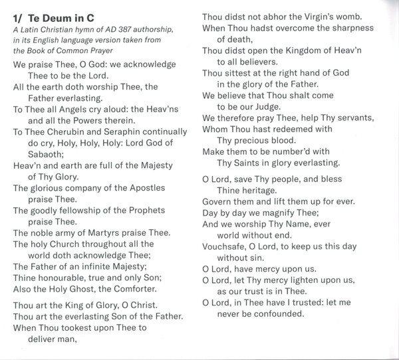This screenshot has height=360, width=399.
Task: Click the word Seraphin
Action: coord(136,133)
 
